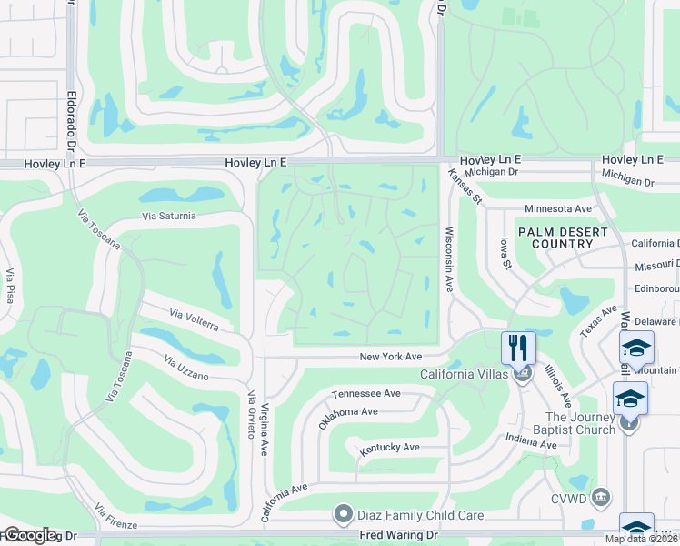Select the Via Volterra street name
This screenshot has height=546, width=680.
tap(194, 319)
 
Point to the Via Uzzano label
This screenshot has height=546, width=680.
tap(185, 369)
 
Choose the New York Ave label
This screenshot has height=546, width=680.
tap(391, 357)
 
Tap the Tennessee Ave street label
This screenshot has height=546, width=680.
tap(366, 393)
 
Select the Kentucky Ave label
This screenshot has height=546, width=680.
tap(389, 448)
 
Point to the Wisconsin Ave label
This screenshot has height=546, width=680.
tap(448, 258)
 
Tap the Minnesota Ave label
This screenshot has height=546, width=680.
tap(557, 208)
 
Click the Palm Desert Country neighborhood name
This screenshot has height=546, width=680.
tap(562, 238)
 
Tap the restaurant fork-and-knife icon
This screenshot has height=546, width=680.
tap(518, 347)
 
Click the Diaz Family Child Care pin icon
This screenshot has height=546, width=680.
tap(343, 515)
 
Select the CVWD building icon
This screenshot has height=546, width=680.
tap(600, 497)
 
